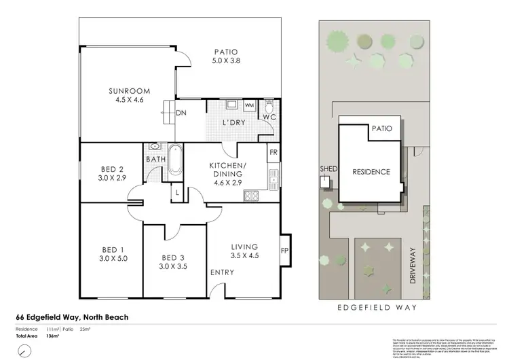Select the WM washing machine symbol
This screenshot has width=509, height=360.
click(249, 105)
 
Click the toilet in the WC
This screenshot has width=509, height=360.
click(269, 107)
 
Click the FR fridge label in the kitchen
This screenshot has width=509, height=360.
click(272, 153)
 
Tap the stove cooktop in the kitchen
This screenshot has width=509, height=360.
click(251, 197)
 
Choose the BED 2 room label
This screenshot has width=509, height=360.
click(111, 173)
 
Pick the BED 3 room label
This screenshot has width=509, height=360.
click(174, 262)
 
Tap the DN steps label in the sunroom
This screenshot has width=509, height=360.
click(181, 113)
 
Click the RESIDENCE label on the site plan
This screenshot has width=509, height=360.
click(371, 172)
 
